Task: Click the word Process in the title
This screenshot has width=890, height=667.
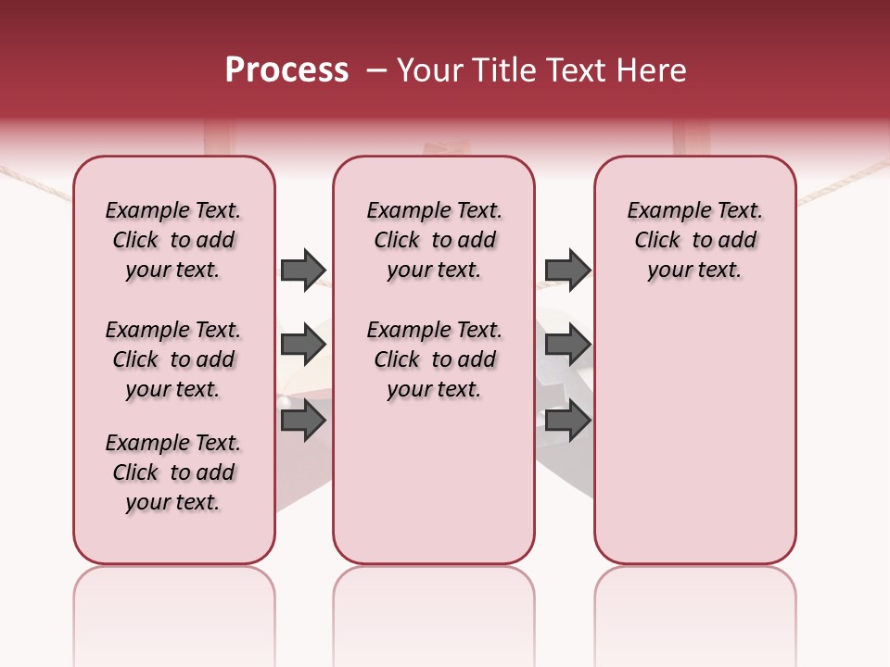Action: [286, 70]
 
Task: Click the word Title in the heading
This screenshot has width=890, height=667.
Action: [501, 70]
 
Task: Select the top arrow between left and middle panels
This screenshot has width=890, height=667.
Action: [303, 270]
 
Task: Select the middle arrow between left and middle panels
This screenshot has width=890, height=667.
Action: [303, 345]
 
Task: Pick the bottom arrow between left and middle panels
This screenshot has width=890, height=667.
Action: [303, 421]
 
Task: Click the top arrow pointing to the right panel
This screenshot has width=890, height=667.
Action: [567, 270]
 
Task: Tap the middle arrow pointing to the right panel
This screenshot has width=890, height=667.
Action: [567, 345]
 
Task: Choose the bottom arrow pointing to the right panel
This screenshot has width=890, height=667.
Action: [567, 421]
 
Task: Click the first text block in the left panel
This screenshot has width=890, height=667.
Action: [173, 240]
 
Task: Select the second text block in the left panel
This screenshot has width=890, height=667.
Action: [173, 359]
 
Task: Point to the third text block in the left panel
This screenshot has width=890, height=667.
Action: [173, 472]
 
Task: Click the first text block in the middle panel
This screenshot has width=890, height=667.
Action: [434, 240]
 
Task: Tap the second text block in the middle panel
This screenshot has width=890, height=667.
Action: [434, 359]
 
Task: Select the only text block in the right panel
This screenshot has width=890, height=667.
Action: [694, 240]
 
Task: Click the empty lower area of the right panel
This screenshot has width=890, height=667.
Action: [694, 435]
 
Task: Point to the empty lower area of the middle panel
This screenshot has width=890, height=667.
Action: [434, 482]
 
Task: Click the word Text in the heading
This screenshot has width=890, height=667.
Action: [566, 70]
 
